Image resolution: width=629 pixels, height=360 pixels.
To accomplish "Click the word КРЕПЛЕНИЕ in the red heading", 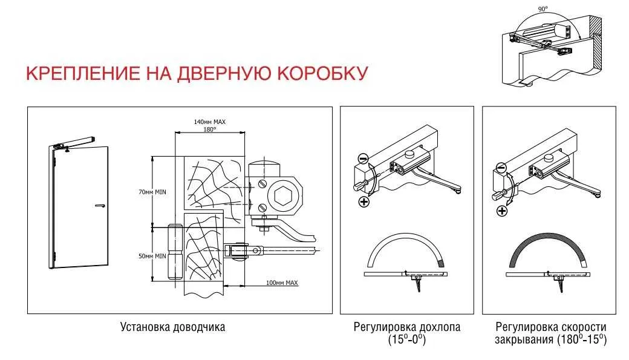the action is pos(83,73).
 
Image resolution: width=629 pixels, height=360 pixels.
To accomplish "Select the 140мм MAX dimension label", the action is pos(210,122).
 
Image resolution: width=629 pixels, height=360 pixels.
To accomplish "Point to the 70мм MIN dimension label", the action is pos(152,192).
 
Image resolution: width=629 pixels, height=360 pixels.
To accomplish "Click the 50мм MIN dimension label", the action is pos(152,256).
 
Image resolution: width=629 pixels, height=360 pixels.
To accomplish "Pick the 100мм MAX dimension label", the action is pos(282,283).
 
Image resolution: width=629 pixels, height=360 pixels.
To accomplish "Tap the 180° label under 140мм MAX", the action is pos(210,129).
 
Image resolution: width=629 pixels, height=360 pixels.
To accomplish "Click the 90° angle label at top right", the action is pos(543,8).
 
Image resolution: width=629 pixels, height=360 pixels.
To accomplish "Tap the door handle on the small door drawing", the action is pos(100,206).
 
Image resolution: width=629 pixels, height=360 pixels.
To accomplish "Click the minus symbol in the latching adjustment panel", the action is pos(363,159).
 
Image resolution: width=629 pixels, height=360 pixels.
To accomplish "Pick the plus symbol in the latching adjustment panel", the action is pos(364,201).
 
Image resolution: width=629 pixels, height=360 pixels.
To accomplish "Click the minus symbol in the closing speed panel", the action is pos(501,168).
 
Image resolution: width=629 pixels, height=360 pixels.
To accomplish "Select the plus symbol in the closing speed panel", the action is pos(502,211).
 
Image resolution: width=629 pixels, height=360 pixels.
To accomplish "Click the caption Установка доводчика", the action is pos(172,327).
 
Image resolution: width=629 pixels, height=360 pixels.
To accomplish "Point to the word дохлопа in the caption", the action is pos(439,327).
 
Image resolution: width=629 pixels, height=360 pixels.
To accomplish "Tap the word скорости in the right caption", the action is pos(584,327).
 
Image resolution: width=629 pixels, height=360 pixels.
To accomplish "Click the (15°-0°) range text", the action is pos(407,339).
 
